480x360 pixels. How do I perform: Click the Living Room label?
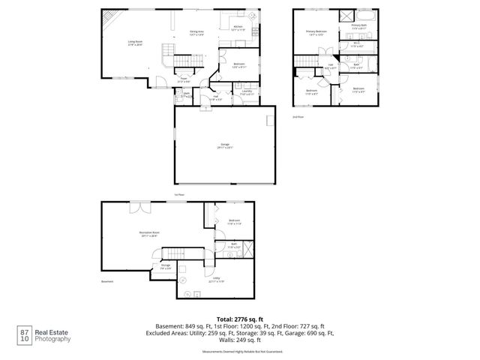point(135,43)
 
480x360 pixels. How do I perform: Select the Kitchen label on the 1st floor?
point(238,28)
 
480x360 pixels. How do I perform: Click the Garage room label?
point(224,145)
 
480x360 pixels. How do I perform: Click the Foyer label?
point(183,79)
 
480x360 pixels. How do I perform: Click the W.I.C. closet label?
point(358,44)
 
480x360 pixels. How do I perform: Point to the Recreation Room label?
point(149,234)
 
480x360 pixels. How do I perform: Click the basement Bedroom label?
point(233,221)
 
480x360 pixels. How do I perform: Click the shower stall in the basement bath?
point(248,248)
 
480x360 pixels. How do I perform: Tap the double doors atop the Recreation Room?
point(140,206)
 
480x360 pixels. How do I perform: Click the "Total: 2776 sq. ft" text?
point(239,319)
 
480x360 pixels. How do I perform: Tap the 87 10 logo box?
point(25,334)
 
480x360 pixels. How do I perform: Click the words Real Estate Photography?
point(55,335)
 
